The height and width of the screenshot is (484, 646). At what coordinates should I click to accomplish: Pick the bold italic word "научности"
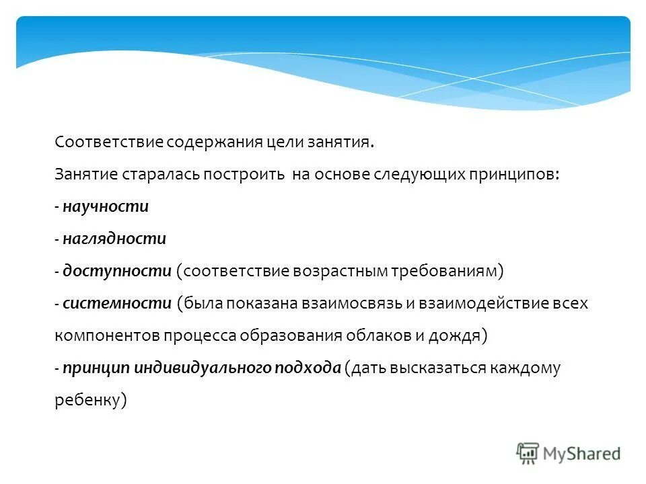point(106,206)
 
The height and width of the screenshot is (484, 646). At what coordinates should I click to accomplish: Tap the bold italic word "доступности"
point(117,271)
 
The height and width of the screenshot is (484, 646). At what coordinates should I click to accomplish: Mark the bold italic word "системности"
point(117,303)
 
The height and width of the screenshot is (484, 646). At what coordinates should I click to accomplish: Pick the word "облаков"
point(382,335)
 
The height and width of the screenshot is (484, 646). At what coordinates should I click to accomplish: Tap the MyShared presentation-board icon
point(528,452)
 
